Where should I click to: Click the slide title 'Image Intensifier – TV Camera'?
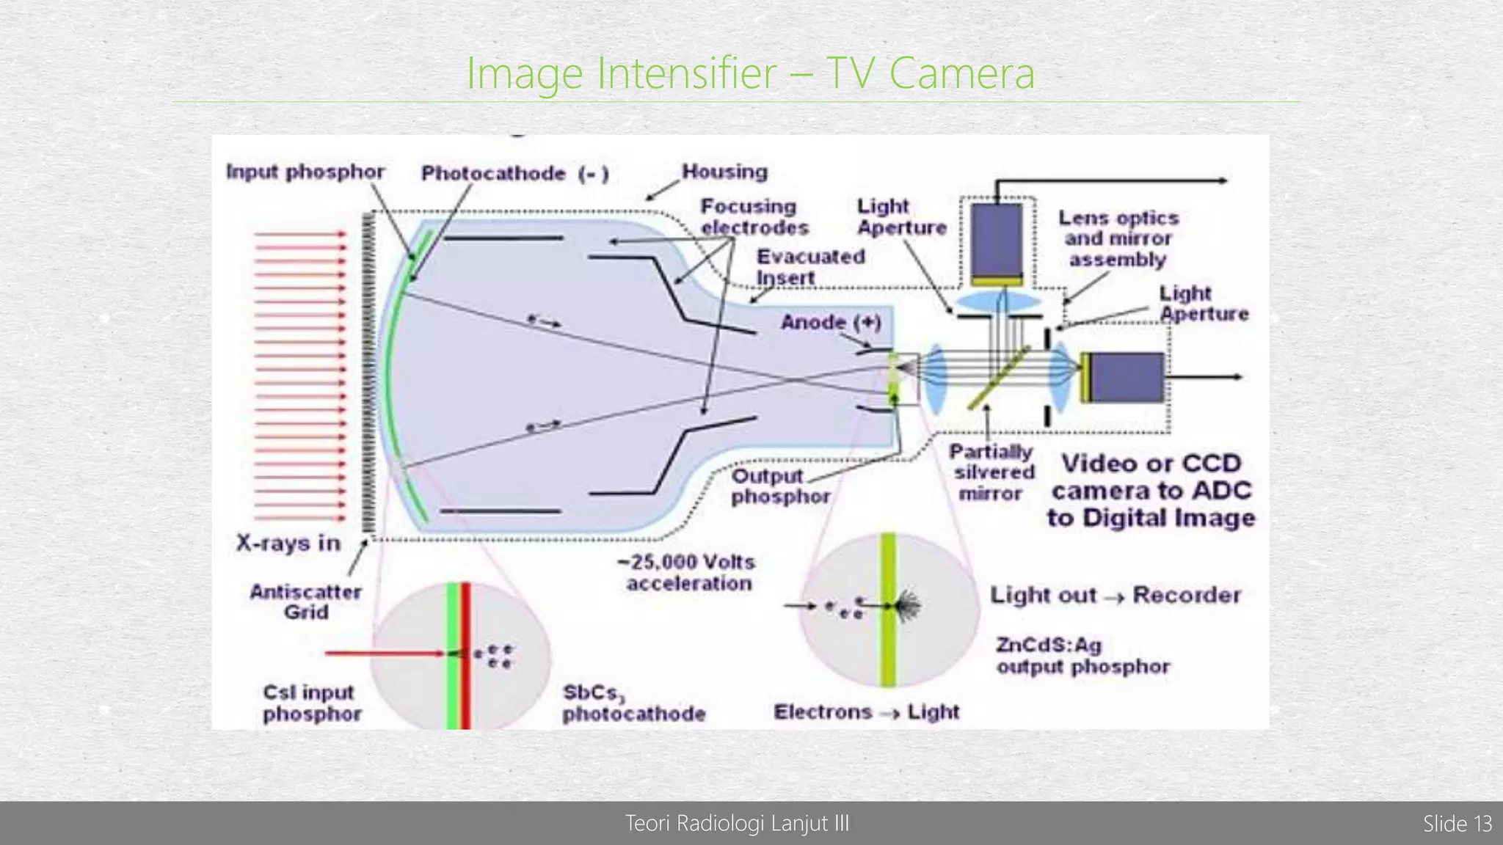coord(750,73)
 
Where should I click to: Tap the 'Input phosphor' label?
coord(305,172)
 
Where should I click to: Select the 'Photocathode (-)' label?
coord(514,174)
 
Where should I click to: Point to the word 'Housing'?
coord(724,172)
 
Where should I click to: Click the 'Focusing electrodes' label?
coord(754,217)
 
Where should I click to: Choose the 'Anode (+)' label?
coord(831,323)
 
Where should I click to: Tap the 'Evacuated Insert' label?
coord(810,267)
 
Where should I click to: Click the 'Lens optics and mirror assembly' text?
coord(1118,238)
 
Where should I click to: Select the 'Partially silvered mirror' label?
coord(992,472)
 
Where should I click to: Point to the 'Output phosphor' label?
coord(780,486)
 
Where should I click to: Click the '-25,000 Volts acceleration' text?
coord(688,573)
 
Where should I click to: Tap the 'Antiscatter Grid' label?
coord(305,601)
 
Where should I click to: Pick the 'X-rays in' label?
coord(288,543)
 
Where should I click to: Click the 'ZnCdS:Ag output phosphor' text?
coord(1082,656)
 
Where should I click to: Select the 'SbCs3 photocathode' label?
coord(633,703)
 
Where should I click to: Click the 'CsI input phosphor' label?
coord(311,703)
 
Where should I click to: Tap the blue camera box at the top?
coord(997,243)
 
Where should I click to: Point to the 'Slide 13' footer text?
coord(1457,824)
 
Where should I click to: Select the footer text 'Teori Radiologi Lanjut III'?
coord(737,824)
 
